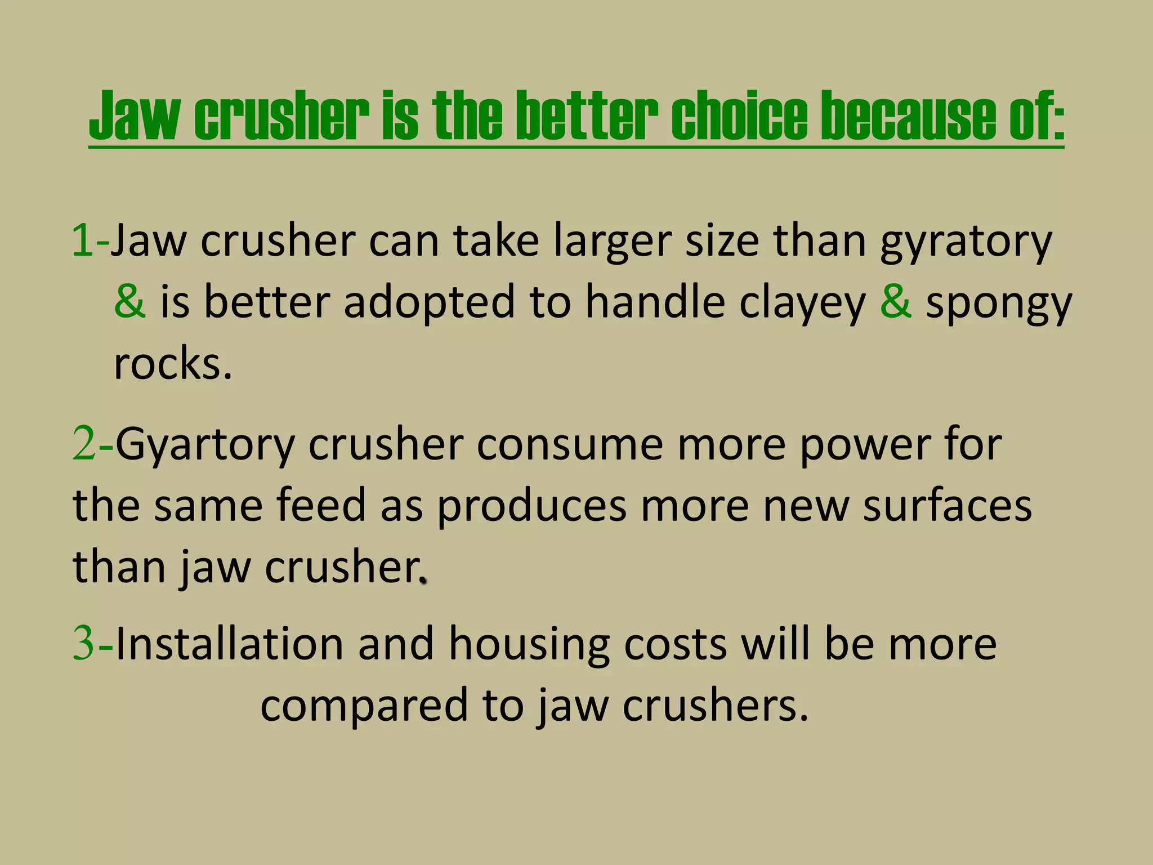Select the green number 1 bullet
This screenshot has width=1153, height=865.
[83, 240]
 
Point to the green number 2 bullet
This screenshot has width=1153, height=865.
[84, 444]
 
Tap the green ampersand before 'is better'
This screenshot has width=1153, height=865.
[130, 301]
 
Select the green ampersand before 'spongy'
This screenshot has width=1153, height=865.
[896, 301]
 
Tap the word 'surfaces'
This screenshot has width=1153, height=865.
[948, 505]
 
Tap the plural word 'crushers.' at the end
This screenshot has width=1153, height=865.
[716, 705]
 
